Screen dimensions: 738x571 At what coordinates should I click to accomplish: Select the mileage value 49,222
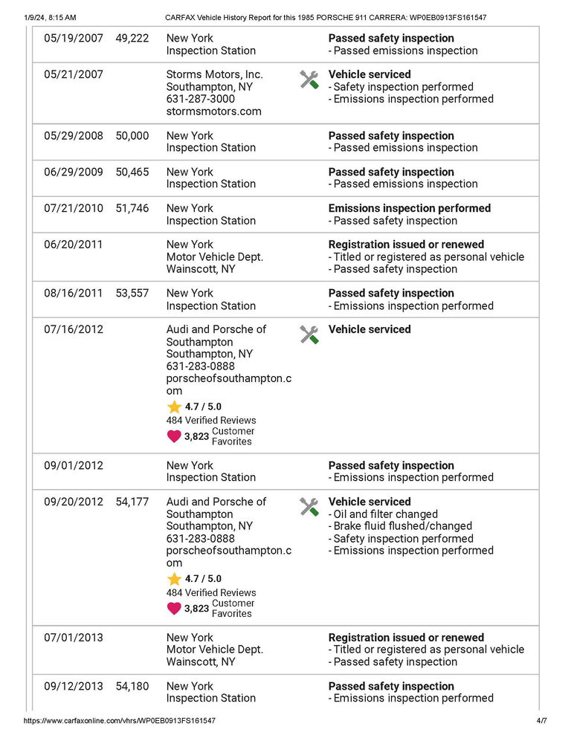[x=132, y=38]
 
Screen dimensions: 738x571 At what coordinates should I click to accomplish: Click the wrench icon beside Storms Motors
[x=309, y=80]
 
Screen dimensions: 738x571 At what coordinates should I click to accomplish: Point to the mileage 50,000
[x=132, y=136]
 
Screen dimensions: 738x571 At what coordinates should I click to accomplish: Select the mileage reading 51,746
[x=132, y=209]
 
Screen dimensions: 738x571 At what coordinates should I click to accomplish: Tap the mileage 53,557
[x=132, y=294]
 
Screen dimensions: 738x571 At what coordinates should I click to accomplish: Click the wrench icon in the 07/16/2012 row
[x=309, y=334]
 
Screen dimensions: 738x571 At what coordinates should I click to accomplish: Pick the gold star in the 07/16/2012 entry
[x=174, y=407]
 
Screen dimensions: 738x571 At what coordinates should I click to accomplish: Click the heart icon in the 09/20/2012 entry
[x=174, y=609]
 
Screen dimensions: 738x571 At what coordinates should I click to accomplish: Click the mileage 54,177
[x=132, y=502]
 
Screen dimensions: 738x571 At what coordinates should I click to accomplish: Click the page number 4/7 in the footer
[x=541, y=721]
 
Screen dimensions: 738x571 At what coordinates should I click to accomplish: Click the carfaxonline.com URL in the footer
[x=120, y=721]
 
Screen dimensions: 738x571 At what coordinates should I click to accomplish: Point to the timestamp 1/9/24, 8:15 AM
[x=50, y=17]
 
